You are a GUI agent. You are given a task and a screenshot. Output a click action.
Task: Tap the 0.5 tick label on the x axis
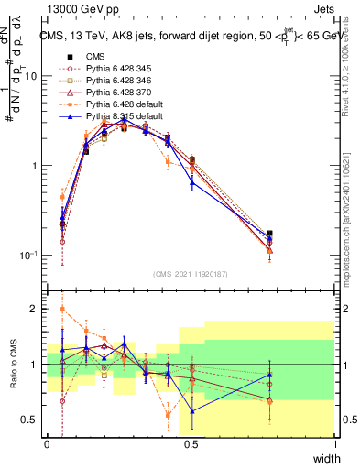(191, 444)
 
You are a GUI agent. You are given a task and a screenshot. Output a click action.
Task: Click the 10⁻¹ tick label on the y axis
(29, 255)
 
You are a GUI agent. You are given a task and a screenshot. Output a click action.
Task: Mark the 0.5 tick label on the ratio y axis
(32, 420)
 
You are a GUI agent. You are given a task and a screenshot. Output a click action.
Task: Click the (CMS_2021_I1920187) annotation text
(191, 273)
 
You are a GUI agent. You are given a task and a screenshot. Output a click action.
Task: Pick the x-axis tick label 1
(334, 444)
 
